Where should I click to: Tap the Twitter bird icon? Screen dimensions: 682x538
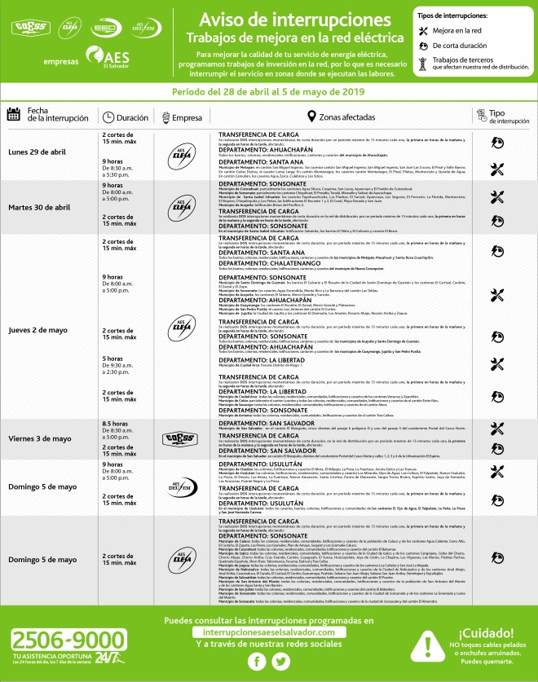click(x=280, y=662)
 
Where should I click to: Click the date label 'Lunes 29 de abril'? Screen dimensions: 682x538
click(x=38, y=152)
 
